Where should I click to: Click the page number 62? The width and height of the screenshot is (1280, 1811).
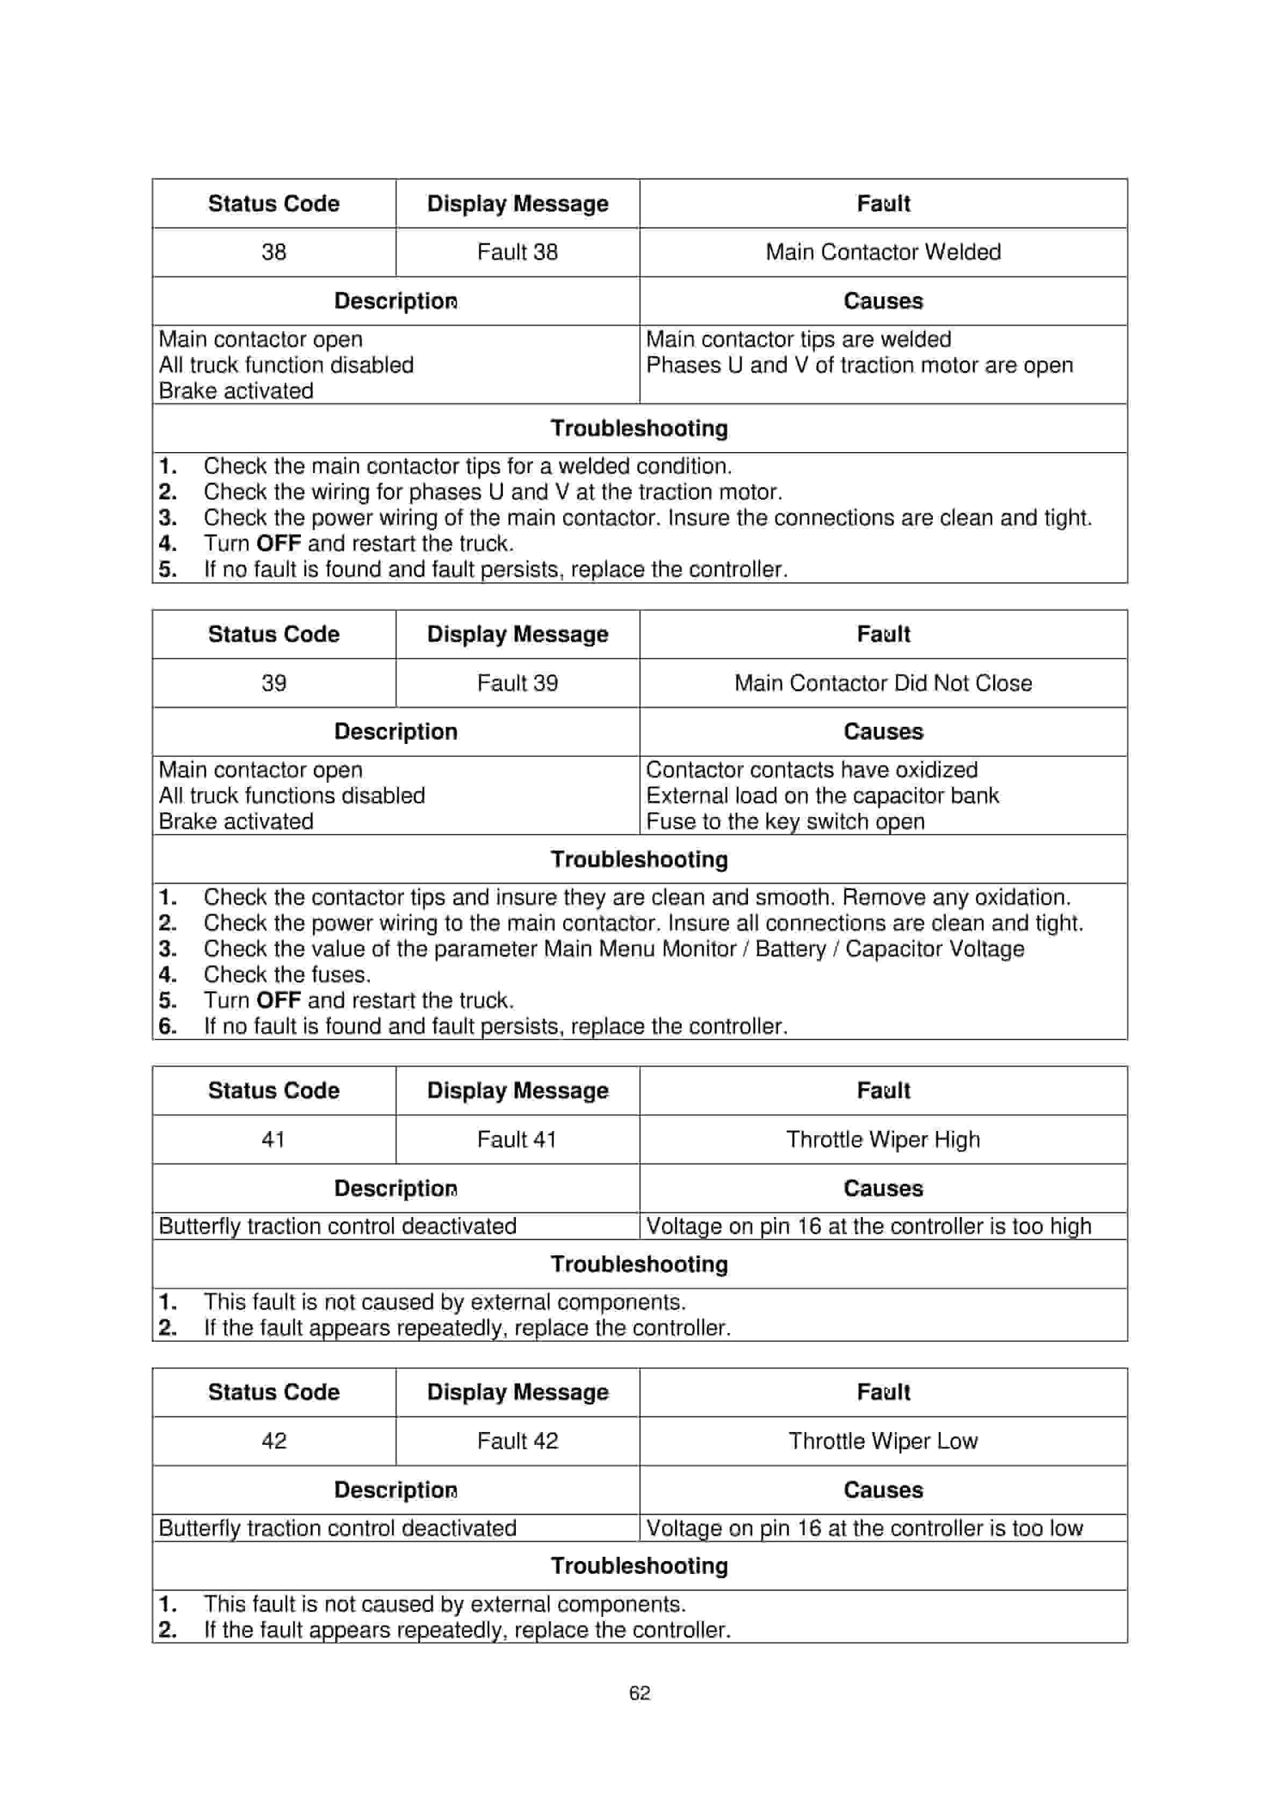pos(639,1693)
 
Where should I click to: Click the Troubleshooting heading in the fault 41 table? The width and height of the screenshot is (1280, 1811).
pos(639,1264)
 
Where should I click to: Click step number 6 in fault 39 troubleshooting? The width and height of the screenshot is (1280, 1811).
pos(167,1026)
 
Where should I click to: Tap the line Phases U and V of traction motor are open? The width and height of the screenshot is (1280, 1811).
pos(860,365)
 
